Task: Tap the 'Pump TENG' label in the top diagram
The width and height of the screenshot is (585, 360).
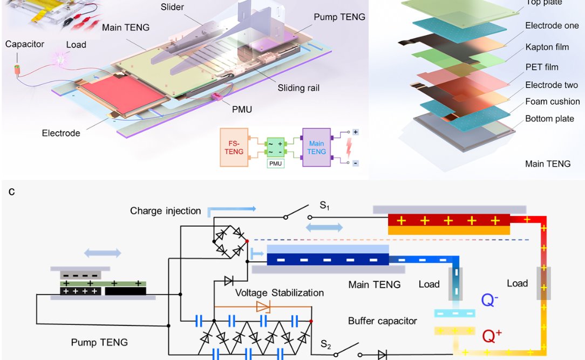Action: [339, 17]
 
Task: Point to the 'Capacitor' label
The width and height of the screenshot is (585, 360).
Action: [25, 44]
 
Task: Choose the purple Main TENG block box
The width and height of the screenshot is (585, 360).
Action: [317, 147]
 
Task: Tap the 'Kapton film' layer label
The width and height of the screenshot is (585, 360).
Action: [547, 47]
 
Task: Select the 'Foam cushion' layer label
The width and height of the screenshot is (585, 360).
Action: [552, 101]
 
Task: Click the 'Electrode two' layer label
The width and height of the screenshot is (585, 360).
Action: [551, 85]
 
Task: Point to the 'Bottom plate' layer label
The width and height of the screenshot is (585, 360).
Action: [549, 119]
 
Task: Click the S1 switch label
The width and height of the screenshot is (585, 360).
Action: [324, 206]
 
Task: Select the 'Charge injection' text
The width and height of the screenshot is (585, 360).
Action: [165, 211]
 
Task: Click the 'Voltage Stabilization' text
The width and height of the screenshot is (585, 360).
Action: [280, 293]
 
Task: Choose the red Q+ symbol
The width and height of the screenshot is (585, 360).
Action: [492, 337]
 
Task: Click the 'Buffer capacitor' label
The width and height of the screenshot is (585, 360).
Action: [382, 321]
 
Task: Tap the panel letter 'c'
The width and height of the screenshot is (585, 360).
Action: [11, 191]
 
